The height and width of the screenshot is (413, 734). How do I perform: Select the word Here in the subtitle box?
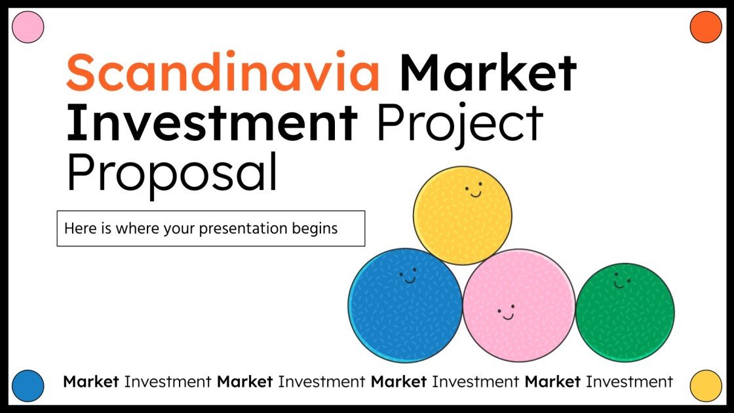pos(77,229)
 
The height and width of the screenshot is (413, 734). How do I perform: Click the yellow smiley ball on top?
pos(463,215)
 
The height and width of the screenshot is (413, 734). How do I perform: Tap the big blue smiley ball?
pos(405,305)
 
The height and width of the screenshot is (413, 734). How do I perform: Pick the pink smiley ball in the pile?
pos(518,305)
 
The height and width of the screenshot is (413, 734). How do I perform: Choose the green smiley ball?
pos(625,312)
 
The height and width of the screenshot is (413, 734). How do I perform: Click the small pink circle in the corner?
pos(28,28)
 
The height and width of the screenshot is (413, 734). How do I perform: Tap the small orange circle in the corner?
pos(706,28)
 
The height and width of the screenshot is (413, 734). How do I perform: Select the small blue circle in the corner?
pos(28,385)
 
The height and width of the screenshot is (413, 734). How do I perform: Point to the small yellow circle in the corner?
pos(706,385)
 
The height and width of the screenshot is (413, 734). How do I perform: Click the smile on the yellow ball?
pos(474,192)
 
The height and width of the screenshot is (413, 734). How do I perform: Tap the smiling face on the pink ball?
pos(506,313)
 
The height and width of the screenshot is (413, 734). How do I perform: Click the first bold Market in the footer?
pos(91,381)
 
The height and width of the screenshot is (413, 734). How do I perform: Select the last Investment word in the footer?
pos(629,381)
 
